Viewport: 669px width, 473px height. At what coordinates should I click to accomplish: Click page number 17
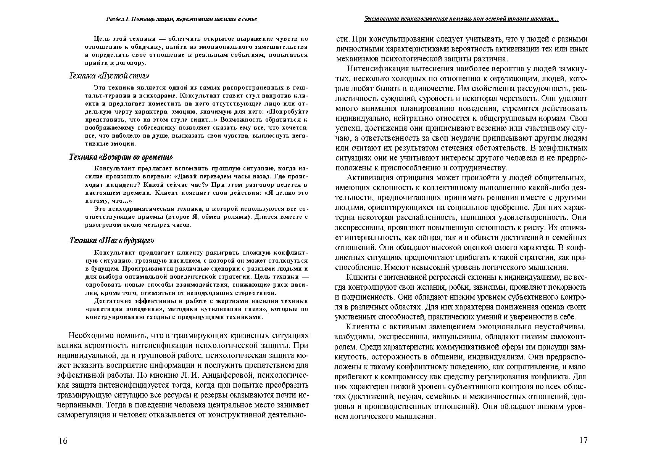(x=583, y=440)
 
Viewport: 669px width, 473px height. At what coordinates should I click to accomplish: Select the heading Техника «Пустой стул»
(x=109, y=76)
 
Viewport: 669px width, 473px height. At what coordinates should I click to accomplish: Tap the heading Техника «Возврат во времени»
(x=121, y=157)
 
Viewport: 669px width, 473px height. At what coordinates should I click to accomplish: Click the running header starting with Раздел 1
(x=181, y=19)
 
